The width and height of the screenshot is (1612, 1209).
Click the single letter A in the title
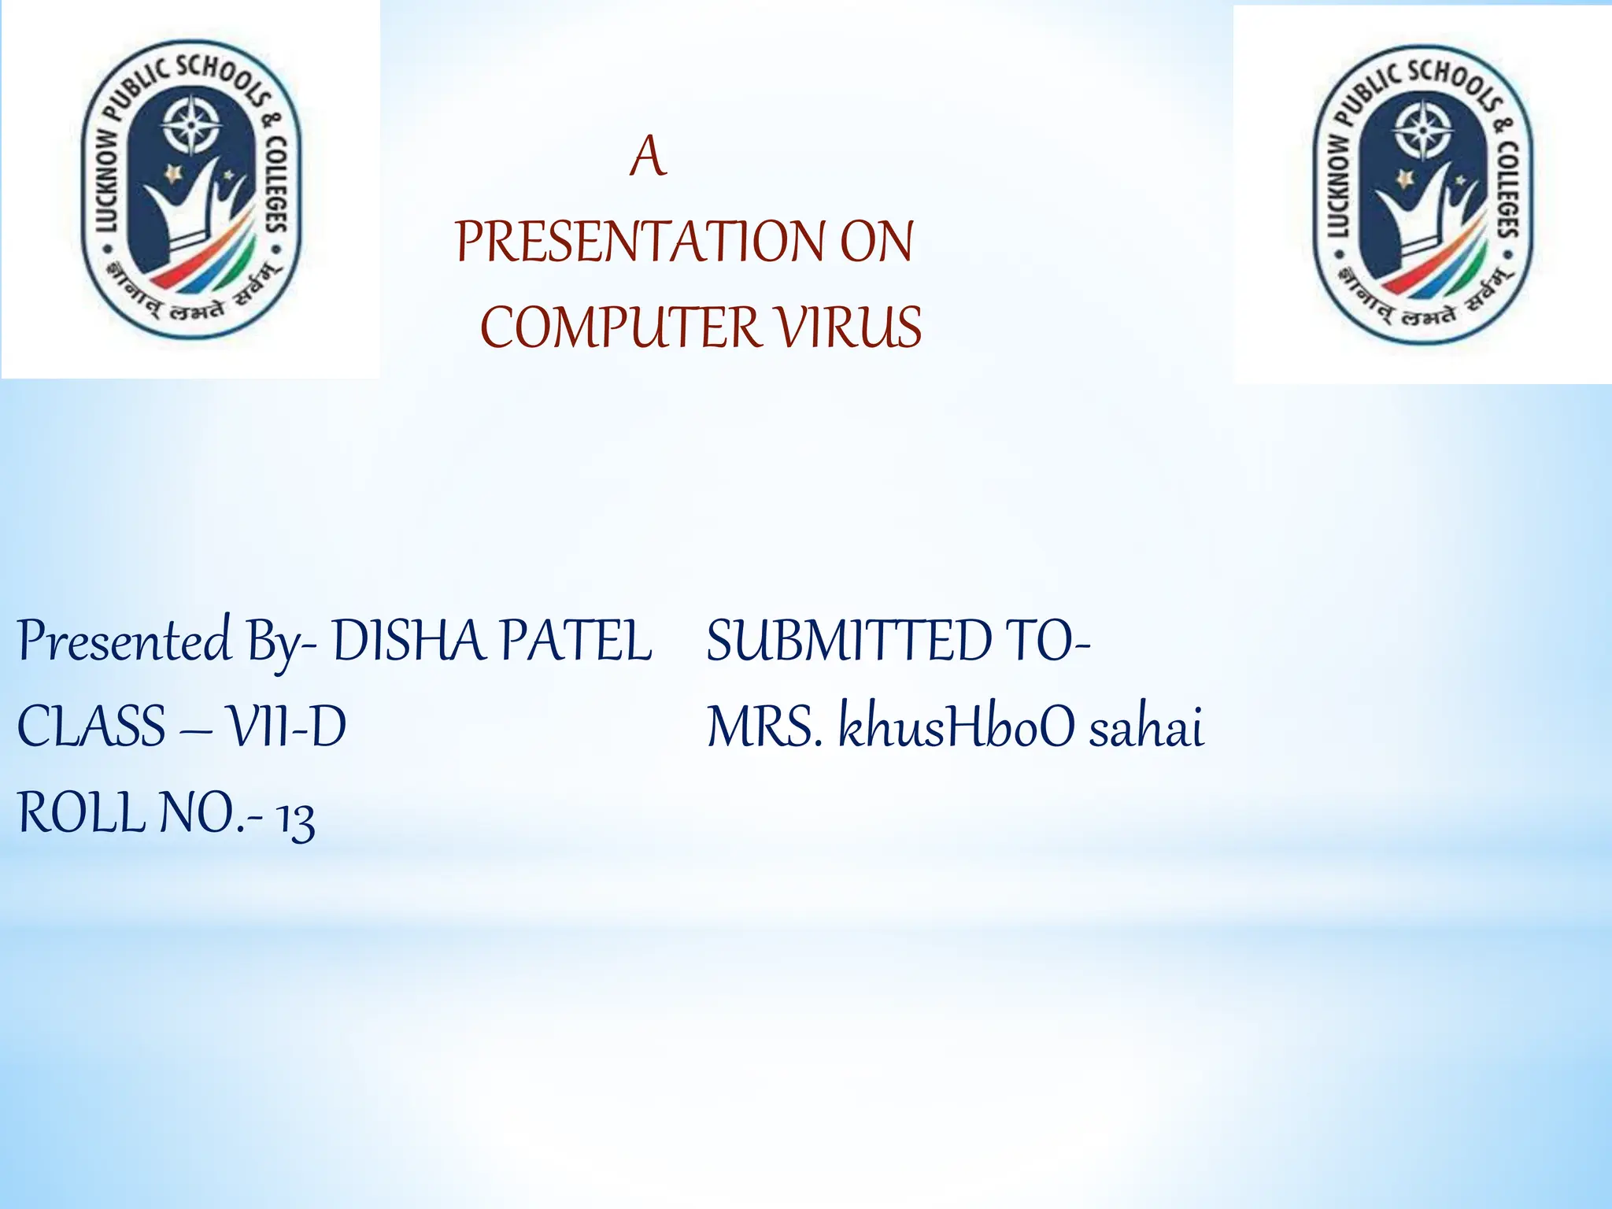(648, 157)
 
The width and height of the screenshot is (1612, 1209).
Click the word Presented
(124, 642)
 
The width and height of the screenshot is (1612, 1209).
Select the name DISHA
(407, 641)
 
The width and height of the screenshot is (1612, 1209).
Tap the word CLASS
(91, 727)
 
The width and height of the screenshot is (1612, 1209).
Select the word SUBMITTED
(849, 641)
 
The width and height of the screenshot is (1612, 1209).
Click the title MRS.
(763, 727)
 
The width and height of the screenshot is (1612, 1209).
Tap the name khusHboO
(956, 727)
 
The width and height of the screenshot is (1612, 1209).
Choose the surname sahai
(1146, 727)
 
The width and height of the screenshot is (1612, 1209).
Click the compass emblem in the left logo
(190, 125)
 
